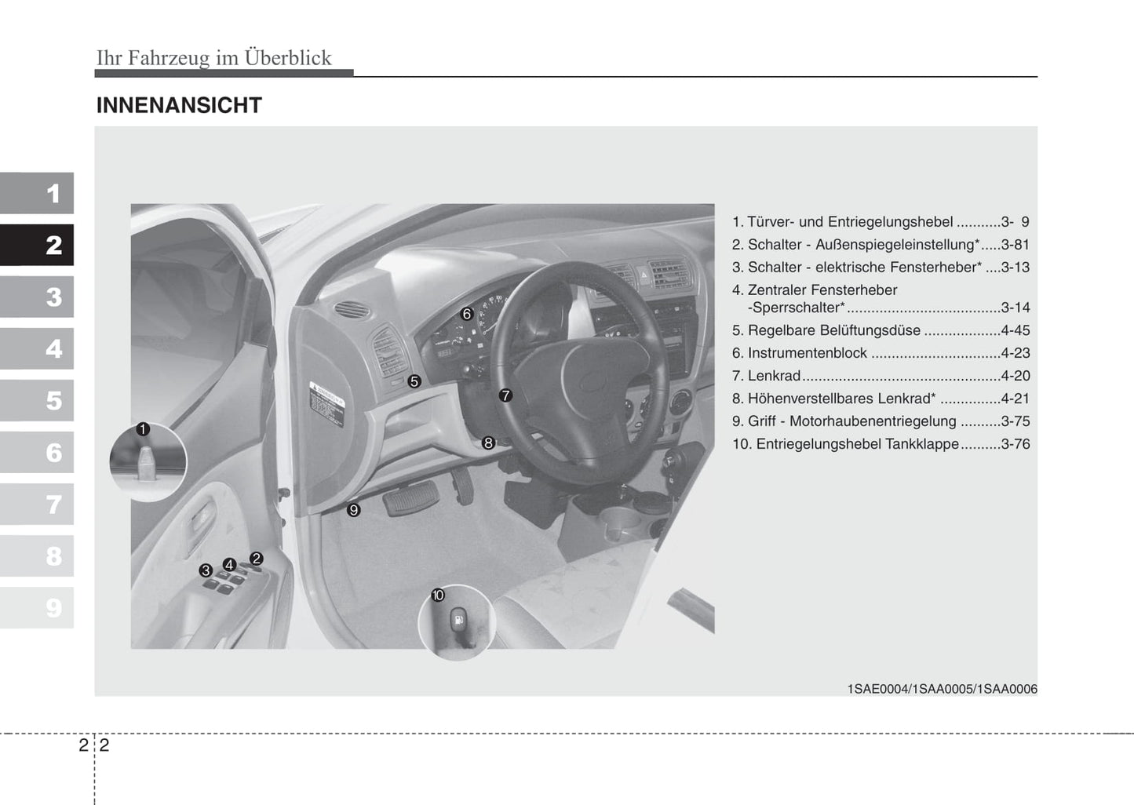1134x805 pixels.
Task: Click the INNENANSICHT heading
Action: tap(179, 105)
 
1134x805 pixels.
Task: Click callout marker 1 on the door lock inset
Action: tap(143, 429)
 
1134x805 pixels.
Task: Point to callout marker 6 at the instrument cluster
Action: tap(467, 314)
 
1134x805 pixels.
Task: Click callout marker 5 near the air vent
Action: tap(414, 381)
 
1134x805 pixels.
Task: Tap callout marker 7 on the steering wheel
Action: tap(505, 395)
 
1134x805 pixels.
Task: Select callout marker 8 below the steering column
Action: tap(488, 443)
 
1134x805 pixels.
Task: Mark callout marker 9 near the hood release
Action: tap(354, 510)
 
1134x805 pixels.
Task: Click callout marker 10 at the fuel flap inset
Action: tap(438, 596)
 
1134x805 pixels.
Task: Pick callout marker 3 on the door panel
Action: tap(206, 570)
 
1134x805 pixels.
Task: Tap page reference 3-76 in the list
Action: tap(1015, 444)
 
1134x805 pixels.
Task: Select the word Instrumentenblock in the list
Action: tap(807, 353)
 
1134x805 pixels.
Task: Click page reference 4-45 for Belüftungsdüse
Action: tap(1015, 330)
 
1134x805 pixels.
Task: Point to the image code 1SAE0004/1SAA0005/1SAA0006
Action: tap(942, 689)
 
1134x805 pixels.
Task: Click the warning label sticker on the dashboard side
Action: tap(327, 404)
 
